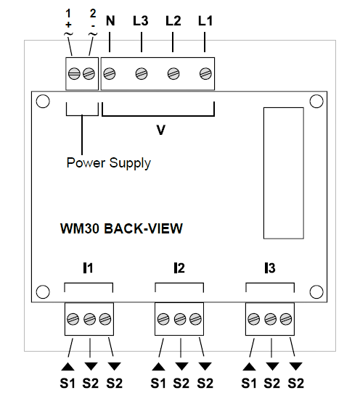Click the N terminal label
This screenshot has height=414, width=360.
(110, 21)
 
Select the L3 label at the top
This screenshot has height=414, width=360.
(141, 21)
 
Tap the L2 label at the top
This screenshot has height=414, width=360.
(173, 21)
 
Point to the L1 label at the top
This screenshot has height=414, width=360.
(205, 21)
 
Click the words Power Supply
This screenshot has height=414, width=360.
(109, 163)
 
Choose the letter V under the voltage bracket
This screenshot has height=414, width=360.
(160, 131)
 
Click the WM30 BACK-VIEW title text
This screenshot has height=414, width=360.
(122, 228)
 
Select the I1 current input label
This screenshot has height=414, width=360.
(88, 268)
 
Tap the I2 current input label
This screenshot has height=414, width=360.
(179, 268)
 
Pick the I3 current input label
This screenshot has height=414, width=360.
(270, 268)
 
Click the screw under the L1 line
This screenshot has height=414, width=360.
(205, 74)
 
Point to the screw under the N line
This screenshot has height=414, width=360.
(110, 74)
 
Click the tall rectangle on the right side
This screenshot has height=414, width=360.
(284, 173)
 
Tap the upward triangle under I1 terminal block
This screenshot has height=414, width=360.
(67, 366)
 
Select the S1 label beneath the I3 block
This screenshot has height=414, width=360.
(249, 384)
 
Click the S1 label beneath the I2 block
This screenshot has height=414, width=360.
(158, 384)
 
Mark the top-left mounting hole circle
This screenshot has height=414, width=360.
(43, 102)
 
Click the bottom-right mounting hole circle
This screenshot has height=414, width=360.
(316, 291)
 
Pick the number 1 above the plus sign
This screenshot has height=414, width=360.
(68, 13)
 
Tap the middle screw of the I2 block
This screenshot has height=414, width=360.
(180, 319)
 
